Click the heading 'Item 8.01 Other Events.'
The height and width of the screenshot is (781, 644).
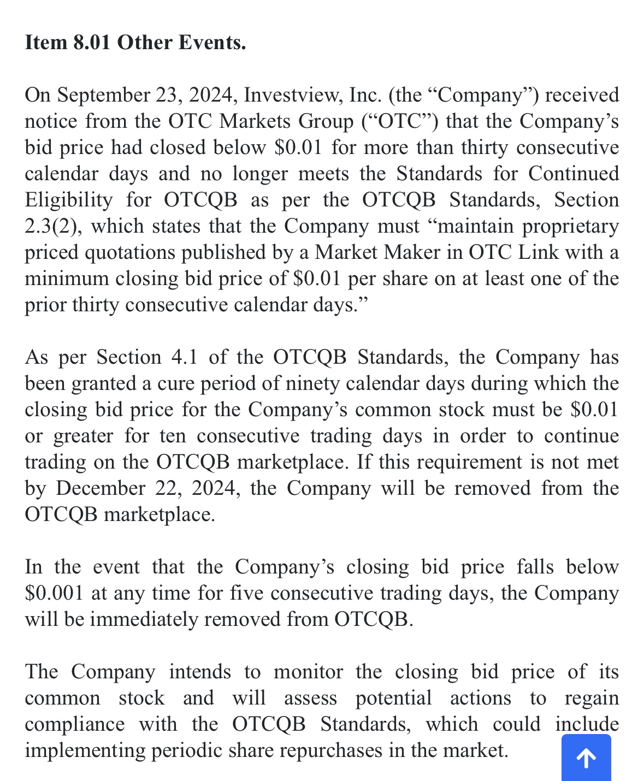click(x=135, y=43)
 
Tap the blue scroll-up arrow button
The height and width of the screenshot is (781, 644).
click(x=586, y=758)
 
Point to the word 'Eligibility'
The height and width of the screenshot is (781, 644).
click(x=68, y=200)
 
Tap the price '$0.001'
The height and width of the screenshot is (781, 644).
click(x=54, y=593)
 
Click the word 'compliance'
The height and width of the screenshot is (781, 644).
click(x=74, y=724)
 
